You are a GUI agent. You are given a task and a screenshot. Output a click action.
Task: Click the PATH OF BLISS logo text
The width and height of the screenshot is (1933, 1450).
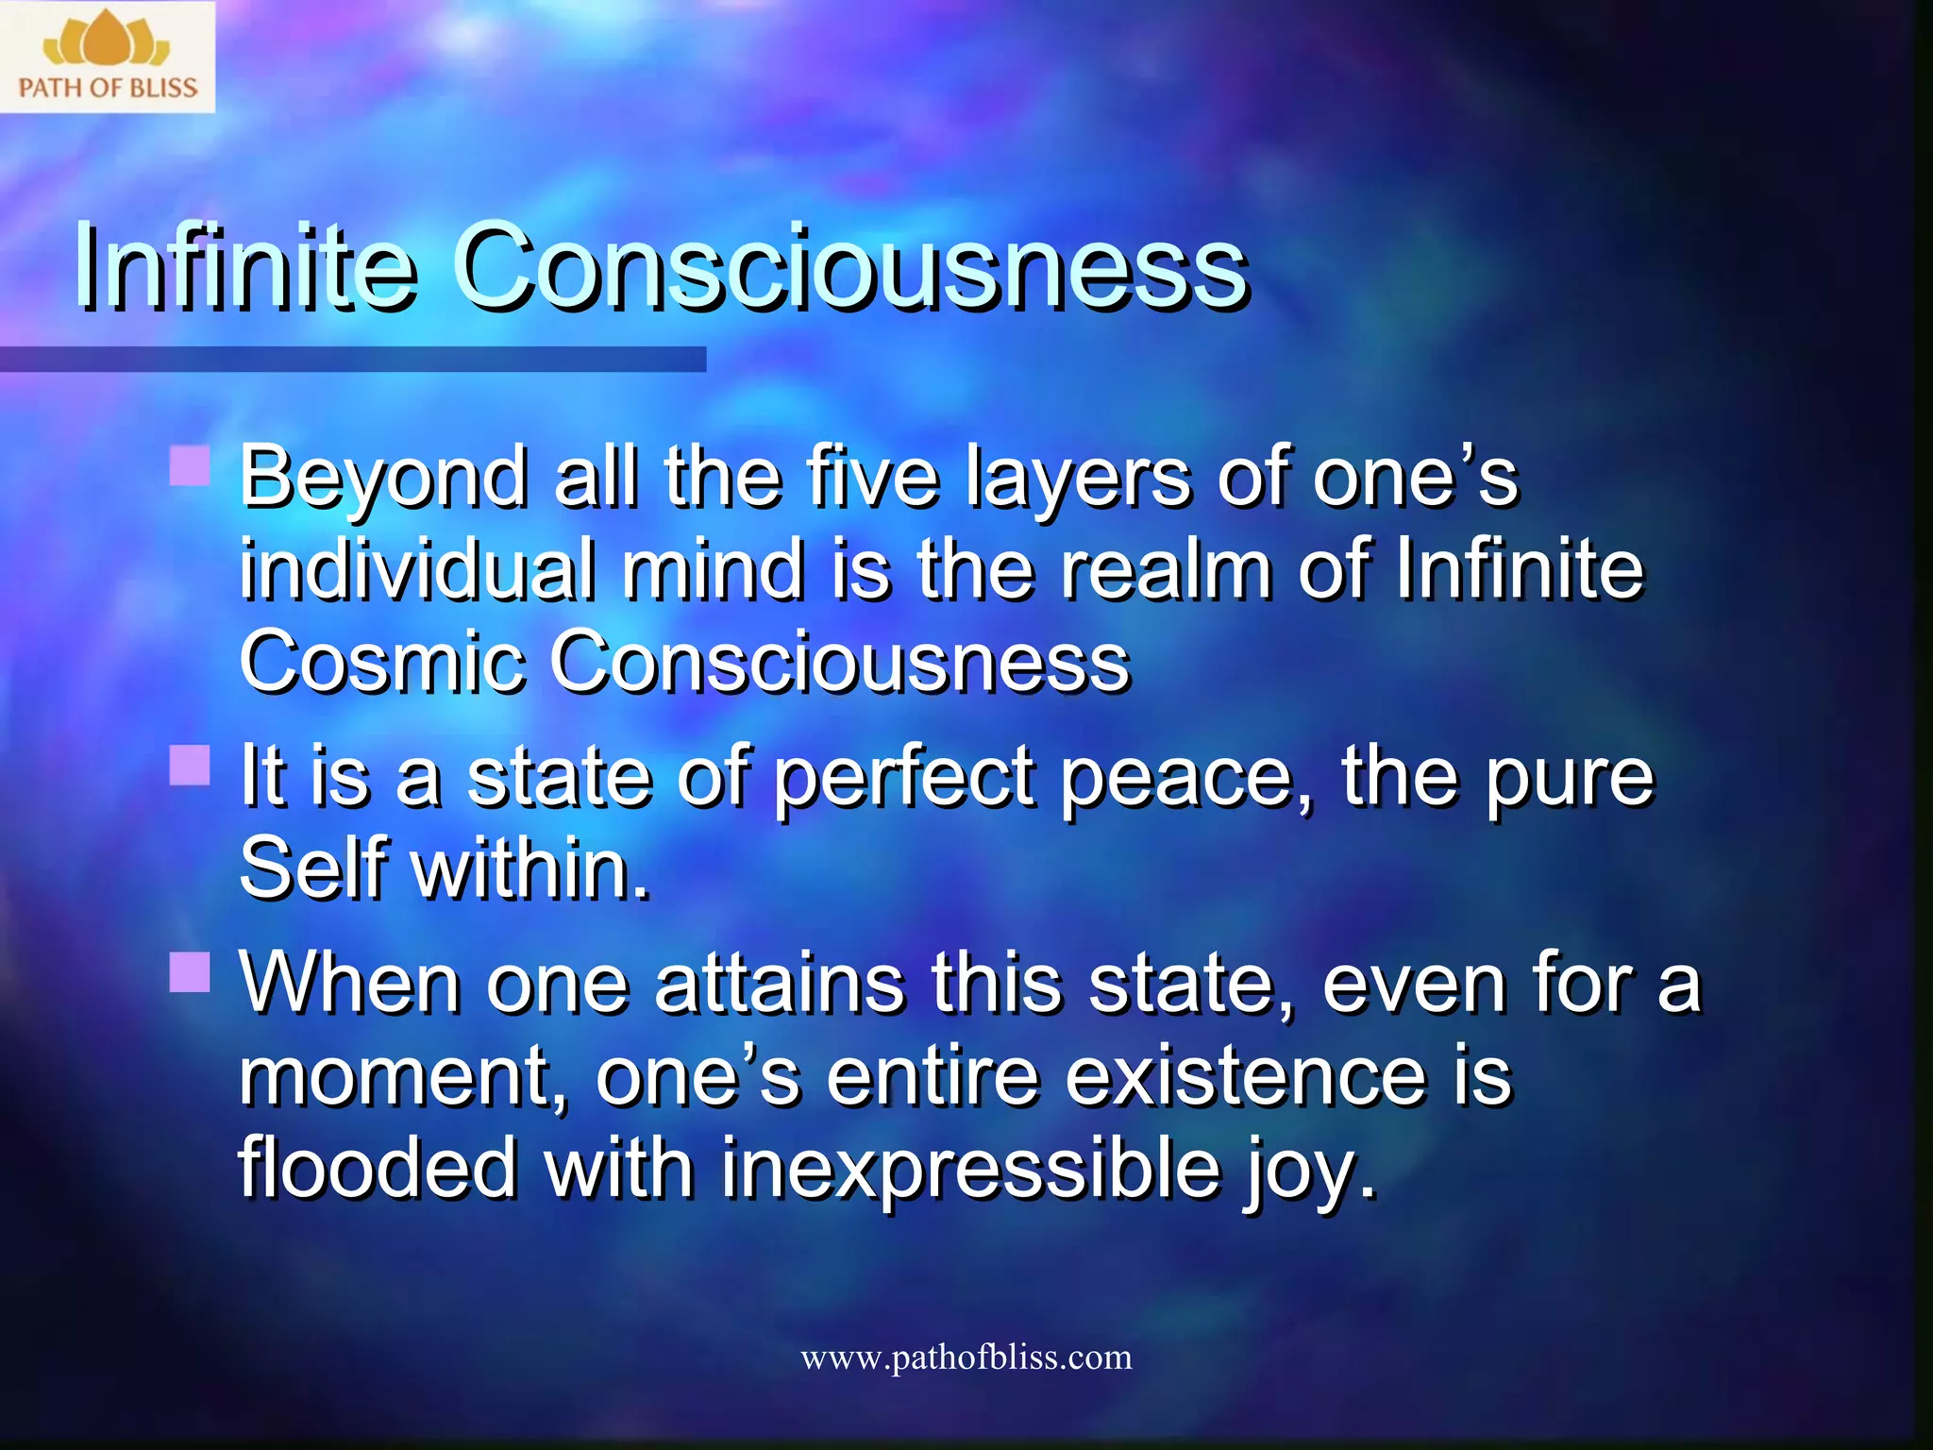pos(108,89)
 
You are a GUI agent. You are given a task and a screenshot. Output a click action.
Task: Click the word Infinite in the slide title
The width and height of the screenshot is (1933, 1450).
pos(244,266)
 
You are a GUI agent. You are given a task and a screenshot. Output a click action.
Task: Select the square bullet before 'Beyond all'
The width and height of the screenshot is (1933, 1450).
pos(190,466)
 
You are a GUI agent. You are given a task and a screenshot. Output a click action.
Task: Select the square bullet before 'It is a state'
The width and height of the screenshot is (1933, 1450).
pos(190,766)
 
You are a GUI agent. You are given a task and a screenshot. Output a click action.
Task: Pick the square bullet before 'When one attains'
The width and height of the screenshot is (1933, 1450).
pos(190,972)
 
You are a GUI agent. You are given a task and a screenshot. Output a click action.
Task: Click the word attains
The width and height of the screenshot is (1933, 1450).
pos(779,984)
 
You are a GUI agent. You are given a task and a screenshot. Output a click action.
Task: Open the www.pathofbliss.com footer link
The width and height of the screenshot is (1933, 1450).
pos(966,1357)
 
